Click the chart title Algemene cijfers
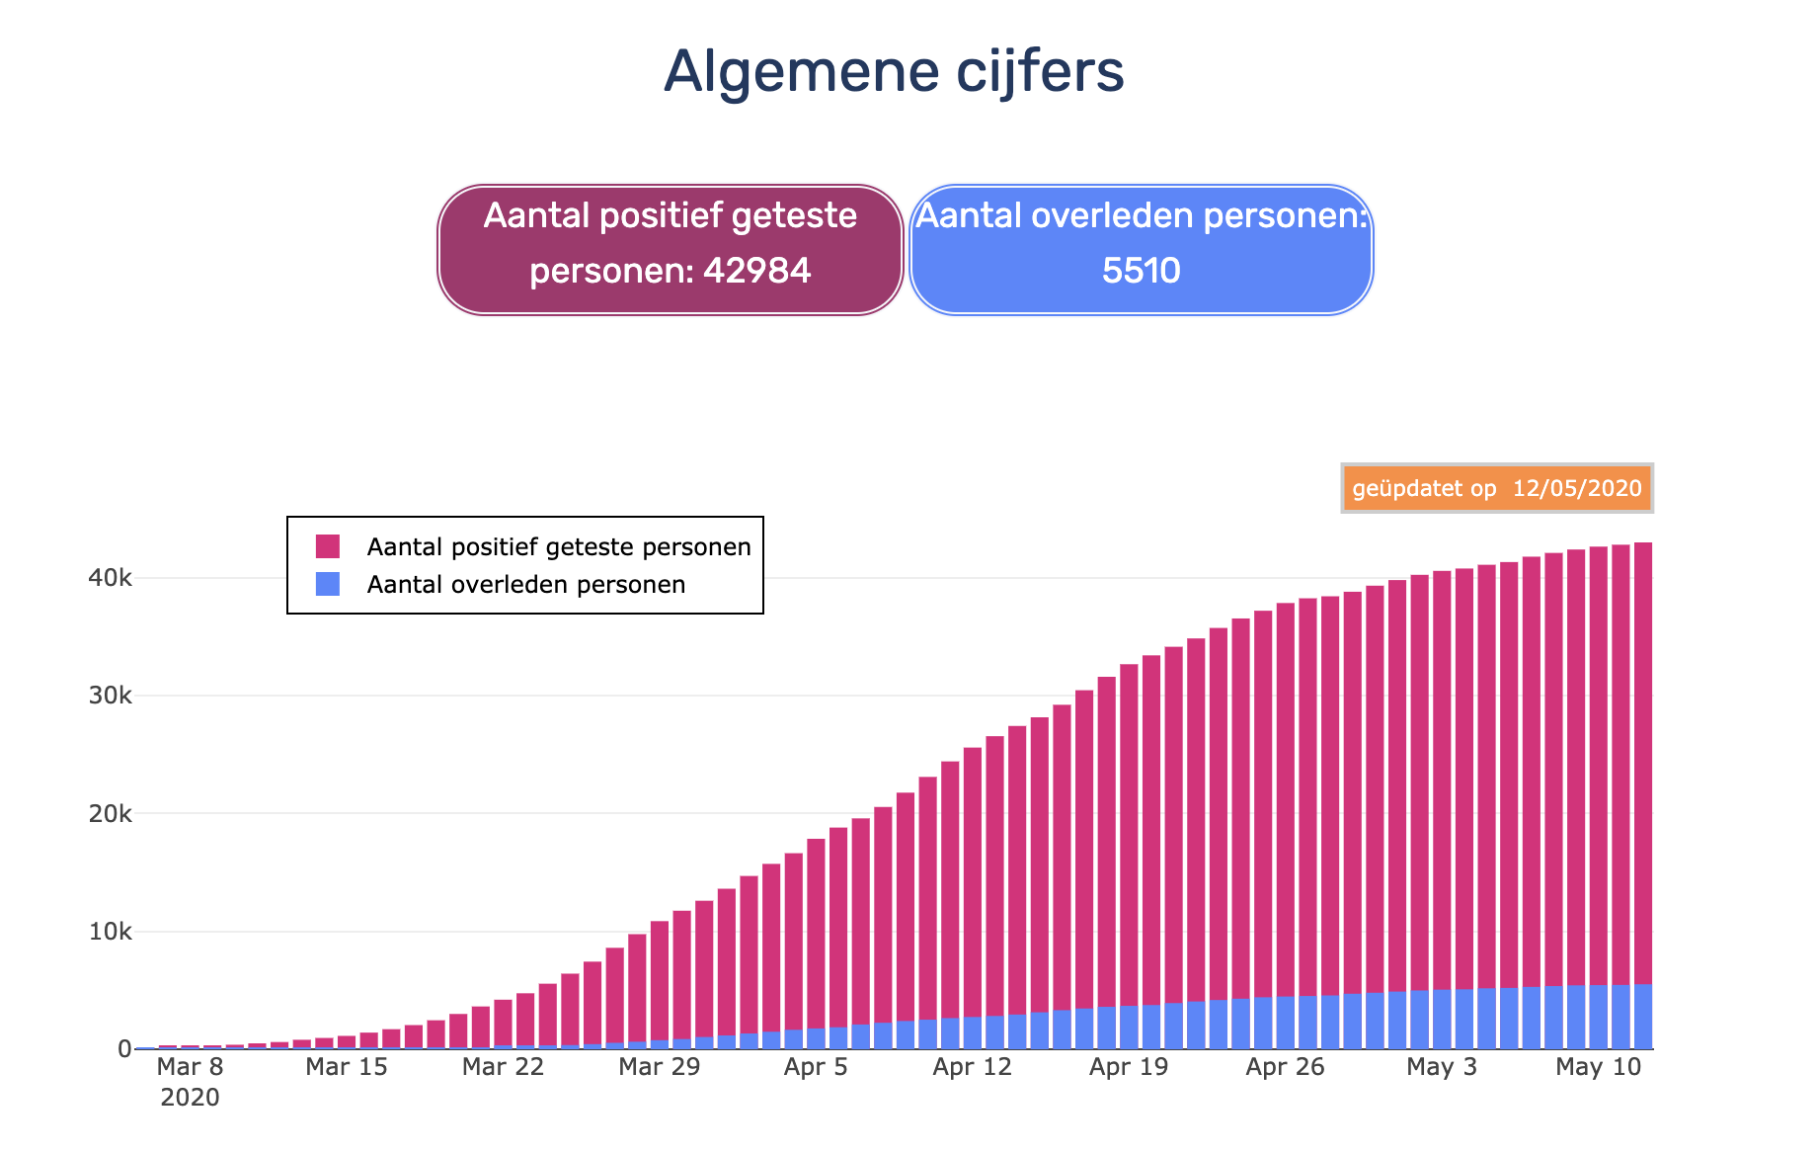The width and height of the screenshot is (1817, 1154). (x=894, y=72)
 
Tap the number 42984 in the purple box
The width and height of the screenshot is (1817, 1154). (x=756, y=270)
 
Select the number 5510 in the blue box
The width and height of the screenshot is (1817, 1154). (x=1141, y=270)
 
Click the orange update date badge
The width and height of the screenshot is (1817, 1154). (x=1497, y=488)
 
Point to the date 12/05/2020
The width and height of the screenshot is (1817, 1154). (x=1577, y=488)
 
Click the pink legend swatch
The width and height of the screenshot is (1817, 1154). (x=328, y=546)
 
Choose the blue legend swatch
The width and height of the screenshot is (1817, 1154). (x=328, y=584)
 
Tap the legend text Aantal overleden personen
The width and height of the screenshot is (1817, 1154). (x=526, y=584)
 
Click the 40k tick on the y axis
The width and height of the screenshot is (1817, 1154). (x=110, y=577)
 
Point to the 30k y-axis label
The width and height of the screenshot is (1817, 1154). (x=110, y=696)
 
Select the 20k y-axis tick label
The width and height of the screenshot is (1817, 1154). (x=110, y=813)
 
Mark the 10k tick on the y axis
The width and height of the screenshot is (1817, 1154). (x=110, y=932)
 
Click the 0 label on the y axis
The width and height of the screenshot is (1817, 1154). (x=124, y=1049)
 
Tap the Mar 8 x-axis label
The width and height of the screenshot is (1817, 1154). (x=190, y=1067)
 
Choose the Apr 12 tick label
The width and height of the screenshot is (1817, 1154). (x=973, y=1067)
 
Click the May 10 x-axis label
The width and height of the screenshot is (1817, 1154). (x=1599, y=1067)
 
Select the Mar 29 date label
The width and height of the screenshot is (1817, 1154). (x=660, y=1067)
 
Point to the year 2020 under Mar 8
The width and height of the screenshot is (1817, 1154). (x=190, y=1098)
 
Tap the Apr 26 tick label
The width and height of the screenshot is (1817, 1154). (x=1286, y=1067)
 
